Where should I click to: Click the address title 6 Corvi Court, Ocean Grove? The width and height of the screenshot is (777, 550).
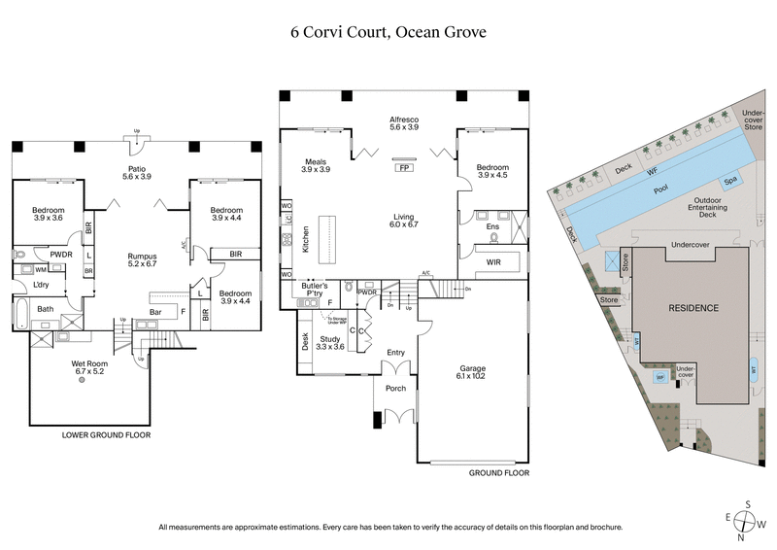click(x=388, y=31)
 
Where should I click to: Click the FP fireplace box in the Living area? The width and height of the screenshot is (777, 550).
click(x=402, y=167)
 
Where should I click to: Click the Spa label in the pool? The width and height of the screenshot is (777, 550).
click(x=728, y=182)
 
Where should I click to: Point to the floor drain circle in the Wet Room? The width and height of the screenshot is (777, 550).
click(x=82, y=381)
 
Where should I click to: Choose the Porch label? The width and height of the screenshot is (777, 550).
click(x=395, y=389)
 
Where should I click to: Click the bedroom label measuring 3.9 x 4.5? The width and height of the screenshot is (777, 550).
click(x=492, y=172)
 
